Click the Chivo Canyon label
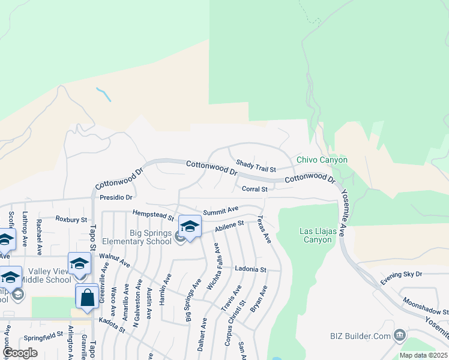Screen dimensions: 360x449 pyautogui.click(x=322, y=160)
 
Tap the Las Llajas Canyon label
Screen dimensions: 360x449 pyautogui.click(x=316, y=235)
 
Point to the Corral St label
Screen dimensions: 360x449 pyautogui.click(x=255, y=189)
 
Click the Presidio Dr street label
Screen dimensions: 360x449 pyautogui.click(x=116, y=196)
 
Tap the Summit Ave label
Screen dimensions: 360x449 pyautogui.click(x=220, y=211)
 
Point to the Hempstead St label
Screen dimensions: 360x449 pyautogui.click(x=153, y=214)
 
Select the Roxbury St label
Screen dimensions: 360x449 pyautogui.click(x=71, y=219)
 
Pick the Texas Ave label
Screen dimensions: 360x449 pyautogui.click(x=265, y=230)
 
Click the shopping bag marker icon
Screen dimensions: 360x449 pyautogui.click(x=87, y=297)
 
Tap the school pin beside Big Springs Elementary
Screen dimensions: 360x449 pyautogui.click(x=190, y=227)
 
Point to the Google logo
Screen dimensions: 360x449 pyautogui.click(x=20, y=353)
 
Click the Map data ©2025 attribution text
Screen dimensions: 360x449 pyautogui.click(x=423, y=355)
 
